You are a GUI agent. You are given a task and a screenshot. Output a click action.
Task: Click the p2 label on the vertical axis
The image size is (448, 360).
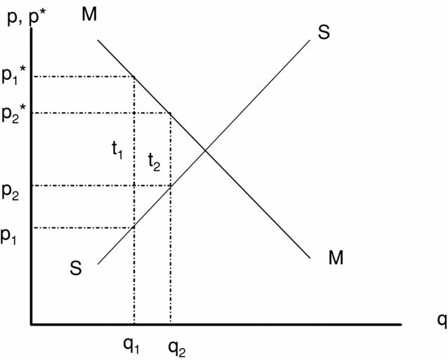click(11, 192)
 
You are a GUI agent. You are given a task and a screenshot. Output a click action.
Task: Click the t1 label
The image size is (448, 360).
click(117, 149)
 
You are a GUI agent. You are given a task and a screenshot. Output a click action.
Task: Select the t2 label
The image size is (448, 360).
click(154, 162)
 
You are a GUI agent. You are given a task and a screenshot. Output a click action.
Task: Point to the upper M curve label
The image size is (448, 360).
click(89, 15)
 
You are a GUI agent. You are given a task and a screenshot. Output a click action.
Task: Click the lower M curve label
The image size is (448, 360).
click(336, 258)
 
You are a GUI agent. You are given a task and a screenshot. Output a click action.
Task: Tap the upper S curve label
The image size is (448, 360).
click(324, 32)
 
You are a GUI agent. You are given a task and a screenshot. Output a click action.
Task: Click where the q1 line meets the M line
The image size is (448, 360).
click(134, 76)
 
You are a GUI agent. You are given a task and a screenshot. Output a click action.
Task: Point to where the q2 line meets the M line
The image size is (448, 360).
click(171, 113)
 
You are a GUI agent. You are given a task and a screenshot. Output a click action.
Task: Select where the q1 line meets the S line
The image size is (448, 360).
click(134, 227)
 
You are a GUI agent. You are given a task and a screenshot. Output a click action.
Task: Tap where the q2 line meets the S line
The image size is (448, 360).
click(171, 185)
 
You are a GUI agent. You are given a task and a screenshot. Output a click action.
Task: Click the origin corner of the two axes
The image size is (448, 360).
click(32, 324)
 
